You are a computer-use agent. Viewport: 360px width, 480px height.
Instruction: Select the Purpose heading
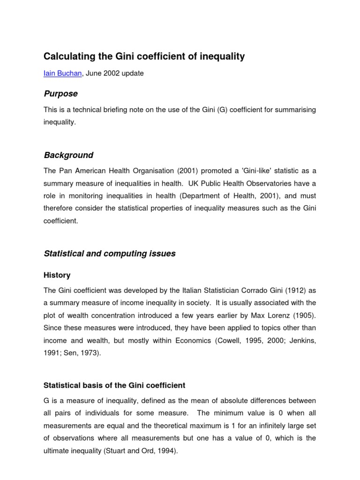tap(60, 94)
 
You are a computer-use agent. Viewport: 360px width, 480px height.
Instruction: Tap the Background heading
tap(68, 155)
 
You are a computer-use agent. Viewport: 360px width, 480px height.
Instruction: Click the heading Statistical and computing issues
tap(109, 254)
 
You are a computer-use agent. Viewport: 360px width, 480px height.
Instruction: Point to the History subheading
tap(57, 275)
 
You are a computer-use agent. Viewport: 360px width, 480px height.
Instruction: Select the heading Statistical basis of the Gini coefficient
tap(114, 385)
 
